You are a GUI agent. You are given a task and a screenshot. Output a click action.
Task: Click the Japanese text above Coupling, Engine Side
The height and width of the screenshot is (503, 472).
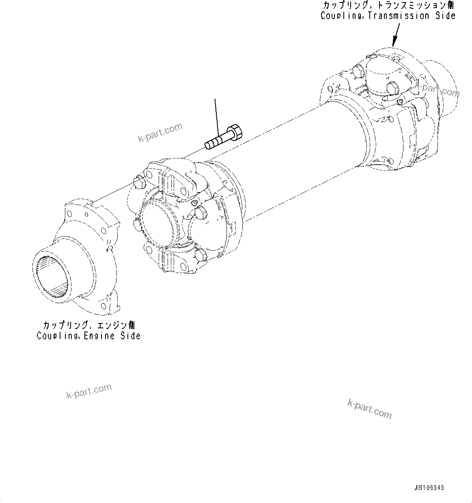[x=89, y=326]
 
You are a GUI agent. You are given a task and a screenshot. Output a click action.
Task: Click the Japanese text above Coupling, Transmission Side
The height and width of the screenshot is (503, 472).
[x=388, y=6]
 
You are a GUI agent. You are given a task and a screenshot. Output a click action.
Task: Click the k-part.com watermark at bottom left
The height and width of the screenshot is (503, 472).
[x=89, y=391]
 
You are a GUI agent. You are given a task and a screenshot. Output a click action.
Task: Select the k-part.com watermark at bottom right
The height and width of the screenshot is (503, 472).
[x=369, y=408]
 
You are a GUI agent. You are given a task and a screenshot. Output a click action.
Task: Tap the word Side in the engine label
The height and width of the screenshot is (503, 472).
[x=130, y=336]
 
